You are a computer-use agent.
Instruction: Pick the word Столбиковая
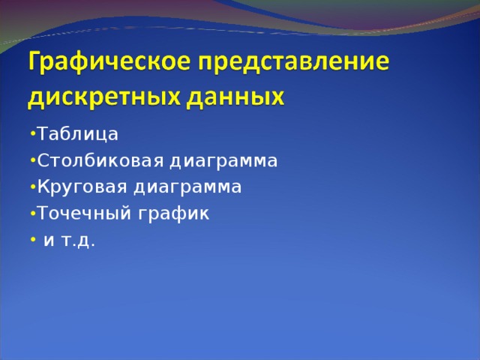[100, 161]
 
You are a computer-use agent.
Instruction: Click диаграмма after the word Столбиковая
[223, 161]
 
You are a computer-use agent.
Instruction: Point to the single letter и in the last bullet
[48, 241]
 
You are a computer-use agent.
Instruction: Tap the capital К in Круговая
[43, 187]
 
